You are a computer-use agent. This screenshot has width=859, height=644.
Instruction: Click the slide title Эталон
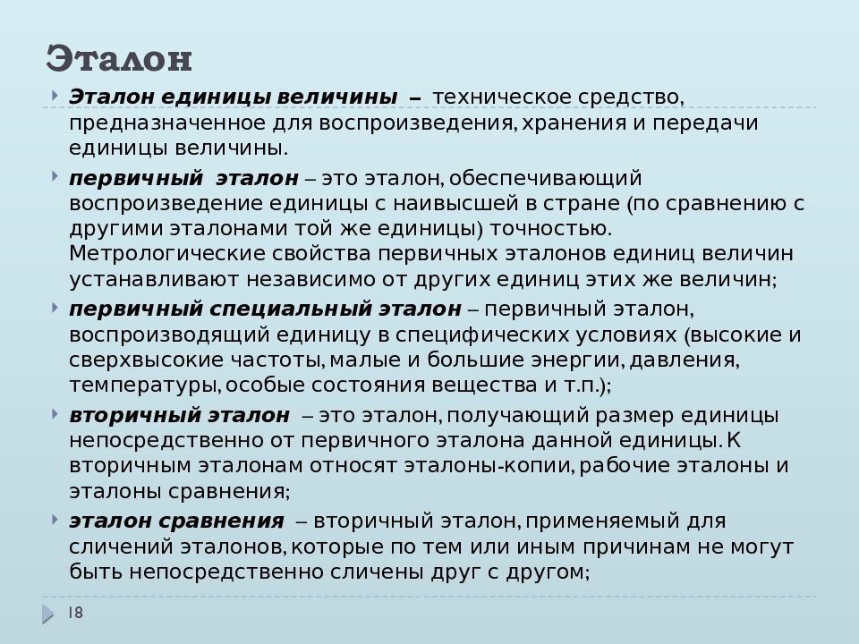[x=119, y=59]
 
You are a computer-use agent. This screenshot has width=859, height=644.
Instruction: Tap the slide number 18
[x=75, y=612]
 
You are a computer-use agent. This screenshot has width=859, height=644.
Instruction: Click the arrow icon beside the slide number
[x=47, y=614]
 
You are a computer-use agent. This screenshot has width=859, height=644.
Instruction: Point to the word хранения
[x=573, y=122]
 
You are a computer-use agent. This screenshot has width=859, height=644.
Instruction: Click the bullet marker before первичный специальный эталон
[x=56, y=307]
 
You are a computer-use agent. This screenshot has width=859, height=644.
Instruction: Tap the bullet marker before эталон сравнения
[x=56, y=518]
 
